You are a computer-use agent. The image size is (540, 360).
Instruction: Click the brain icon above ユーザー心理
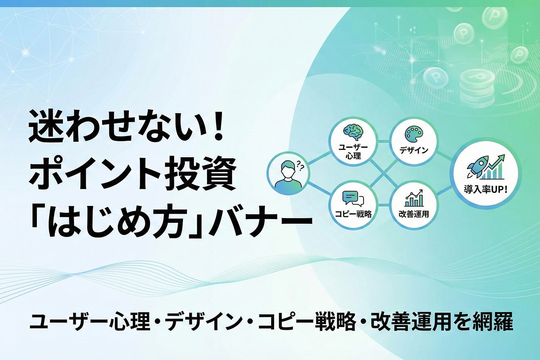point(353,132)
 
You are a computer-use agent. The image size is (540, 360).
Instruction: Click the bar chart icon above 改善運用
point(414,199)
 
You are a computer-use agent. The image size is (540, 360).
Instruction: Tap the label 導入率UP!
point(486,190)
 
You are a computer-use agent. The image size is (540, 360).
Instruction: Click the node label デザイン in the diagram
point(414,150)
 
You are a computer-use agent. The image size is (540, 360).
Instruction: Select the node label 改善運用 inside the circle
point(414,214)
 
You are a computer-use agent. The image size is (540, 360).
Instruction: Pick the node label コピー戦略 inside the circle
point(353,214)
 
